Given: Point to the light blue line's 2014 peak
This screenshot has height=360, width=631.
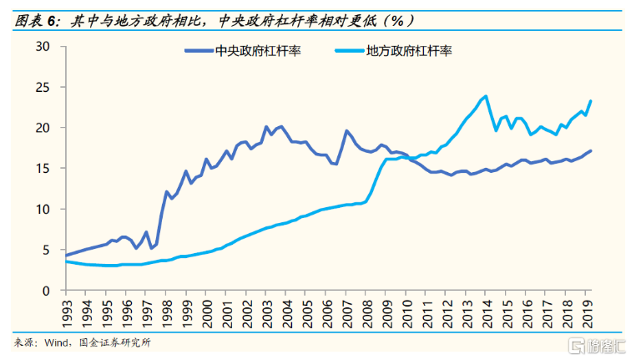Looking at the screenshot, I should tap(485, 96).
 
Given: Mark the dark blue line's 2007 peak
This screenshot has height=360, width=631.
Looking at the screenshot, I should tap(346, 130).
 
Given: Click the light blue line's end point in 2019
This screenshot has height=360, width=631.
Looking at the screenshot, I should tap(591, 101).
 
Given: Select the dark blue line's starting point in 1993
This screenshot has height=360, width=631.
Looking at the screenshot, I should tap(66, 255).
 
